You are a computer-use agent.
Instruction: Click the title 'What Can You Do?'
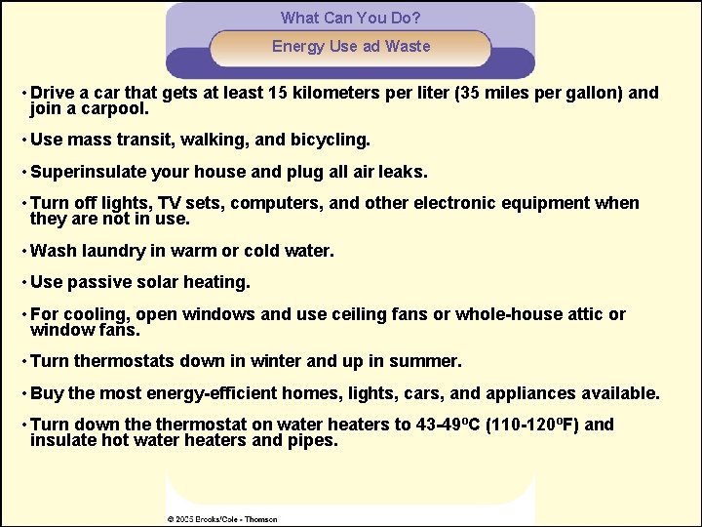(350, 18)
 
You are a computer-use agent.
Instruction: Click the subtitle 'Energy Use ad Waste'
(350, 46)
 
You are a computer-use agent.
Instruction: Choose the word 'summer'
(428, 361)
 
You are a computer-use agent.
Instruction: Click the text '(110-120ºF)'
(533, 425)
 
